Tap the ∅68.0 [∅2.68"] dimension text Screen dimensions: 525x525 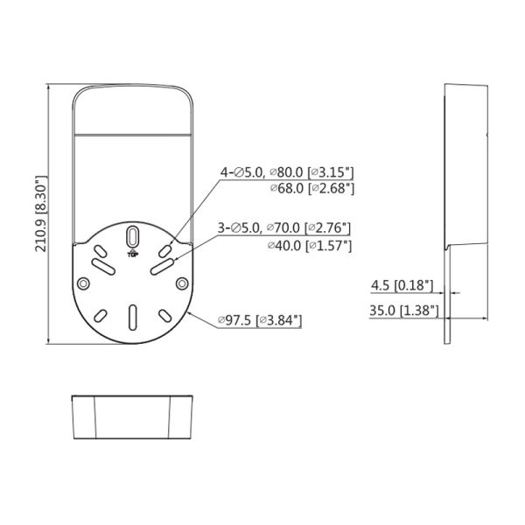click(x=310, y=188)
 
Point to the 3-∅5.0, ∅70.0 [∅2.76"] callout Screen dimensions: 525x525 click(x=285, y=230)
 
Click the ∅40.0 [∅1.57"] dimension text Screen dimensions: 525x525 click(x=310, y=246)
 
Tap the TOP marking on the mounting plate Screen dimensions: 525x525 click(x=132, y=254)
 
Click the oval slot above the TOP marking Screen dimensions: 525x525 click(x=131, y=237)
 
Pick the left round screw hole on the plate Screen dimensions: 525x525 click(x=82, y=283)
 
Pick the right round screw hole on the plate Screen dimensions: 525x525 click(x=181, y=283)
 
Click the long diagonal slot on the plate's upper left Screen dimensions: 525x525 click(x=100, y=263)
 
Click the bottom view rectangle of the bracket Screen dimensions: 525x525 click(x=131, y=419)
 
